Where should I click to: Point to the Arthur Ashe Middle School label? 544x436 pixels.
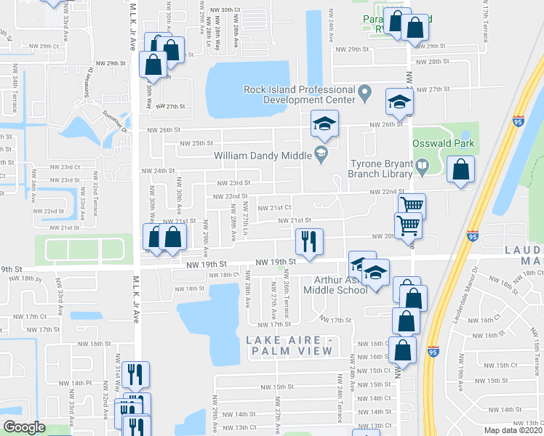pos(340,285)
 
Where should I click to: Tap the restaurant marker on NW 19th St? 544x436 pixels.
pos(308,241)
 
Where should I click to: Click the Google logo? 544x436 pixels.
pos(24,427)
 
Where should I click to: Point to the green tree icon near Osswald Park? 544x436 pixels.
pos(463,135)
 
